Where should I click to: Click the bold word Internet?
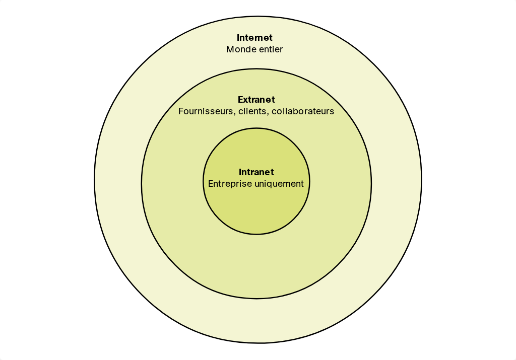(254, 37)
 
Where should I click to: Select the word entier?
(271, 49)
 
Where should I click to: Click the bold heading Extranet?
(256, 100)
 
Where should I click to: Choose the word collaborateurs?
(303, 111)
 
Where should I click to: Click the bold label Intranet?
(256, 172)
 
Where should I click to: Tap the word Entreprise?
(230, 184)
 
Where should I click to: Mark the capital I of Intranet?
(240, 172)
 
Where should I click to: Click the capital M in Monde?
(230, 49)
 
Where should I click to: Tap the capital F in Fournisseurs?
(181, 111)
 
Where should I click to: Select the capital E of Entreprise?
(211, 184)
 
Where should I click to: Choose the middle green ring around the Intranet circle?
(256, 266)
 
